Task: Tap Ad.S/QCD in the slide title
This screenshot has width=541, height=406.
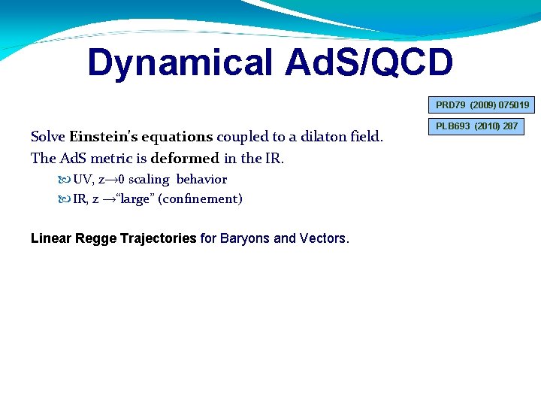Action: coord(369,63)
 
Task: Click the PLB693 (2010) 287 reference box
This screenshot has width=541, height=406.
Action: coord(478,126)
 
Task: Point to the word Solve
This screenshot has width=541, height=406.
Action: coord(48,137)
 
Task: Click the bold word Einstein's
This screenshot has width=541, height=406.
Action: coord(104,137)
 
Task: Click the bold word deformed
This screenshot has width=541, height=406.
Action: coord(185,158)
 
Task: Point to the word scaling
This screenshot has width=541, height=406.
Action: coord(149,180)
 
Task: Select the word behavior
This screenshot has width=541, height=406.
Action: coord(201,180)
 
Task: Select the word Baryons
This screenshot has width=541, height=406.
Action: coord(245,238)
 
